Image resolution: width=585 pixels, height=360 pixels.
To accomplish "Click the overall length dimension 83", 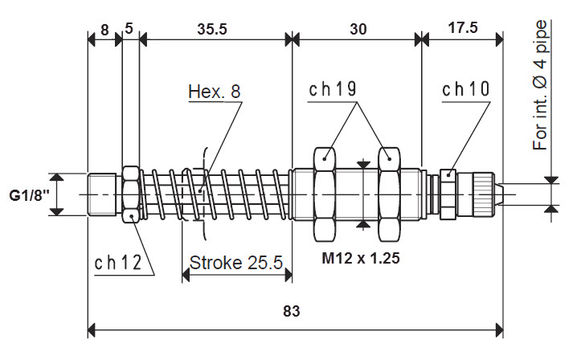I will point(293,312).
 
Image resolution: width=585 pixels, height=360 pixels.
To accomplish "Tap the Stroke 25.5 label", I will point(235,262).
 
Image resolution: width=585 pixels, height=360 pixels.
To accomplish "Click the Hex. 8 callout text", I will point(215,91).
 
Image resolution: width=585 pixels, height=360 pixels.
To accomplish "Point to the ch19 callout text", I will point(333,89).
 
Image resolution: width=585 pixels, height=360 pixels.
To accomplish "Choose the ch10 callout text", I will point(465,89).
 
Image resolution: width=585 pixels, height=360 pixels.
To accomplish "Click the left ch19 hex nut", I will point(325,194).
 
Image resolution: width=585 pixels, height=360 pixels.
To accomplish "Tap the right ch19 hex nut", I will point(390,194).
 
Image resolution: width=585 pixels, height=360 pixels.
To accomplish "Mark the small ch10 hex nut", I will point(447,194).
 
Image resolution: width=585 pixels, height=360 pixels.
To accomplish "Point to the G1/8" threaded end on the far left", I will point(104,194).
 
